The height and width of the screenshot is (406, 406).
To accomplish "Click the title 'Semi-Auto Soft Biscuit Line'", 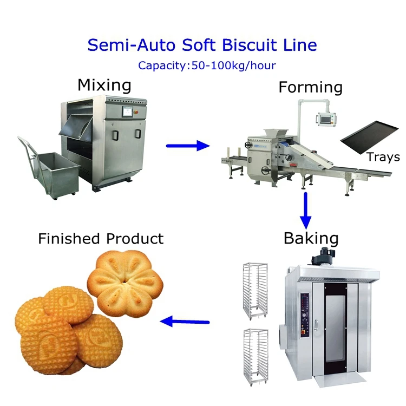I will click(x=202, y=44).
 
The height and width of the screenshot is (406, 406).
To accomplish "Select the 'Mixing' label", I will click(x=104, y=85).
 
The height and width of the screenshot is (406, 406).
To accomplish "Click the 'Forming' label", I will click(x=310, y=87).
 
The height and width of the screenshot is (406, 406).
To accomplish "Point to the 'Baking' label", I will click(x=311, y=238).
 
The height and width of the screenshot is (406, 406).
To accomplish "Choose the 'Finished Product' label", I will click(x=101, y=239).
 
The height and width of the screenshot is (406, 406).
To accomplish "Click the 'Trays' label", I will click(x=383, y=158).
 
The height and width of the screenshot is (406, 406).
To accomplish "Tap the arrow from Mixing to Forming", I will click(x=187, y=145).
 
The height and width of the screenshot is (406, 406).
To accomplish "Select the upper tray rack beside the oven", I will click(x=254, y=289).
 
